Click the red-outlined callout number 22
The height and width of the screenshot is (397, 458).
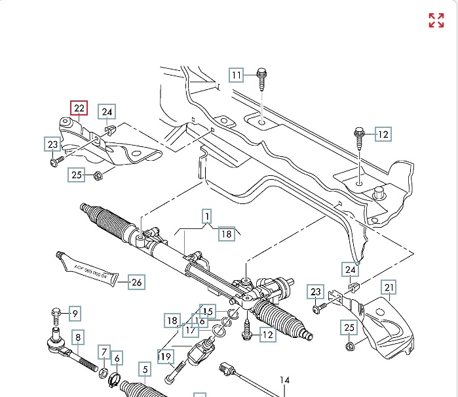79,108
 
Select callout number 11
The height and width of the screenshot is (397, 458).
236,75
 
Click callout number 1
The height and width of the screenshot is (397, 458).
206,216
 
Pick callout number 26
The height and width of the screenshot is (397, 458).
136,283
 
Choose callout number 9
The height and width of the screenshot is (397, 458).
74,314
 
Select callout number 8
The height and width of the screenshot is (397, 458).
79,338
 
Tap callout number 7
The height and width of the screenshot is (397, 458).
104,353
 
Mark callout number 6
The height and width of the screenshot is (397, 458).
117,358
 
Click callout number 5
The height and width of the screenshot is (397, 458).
144,369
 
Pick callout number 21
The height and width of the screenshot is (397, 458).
390,287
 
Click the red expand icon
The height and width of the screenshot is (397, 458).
436,20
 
